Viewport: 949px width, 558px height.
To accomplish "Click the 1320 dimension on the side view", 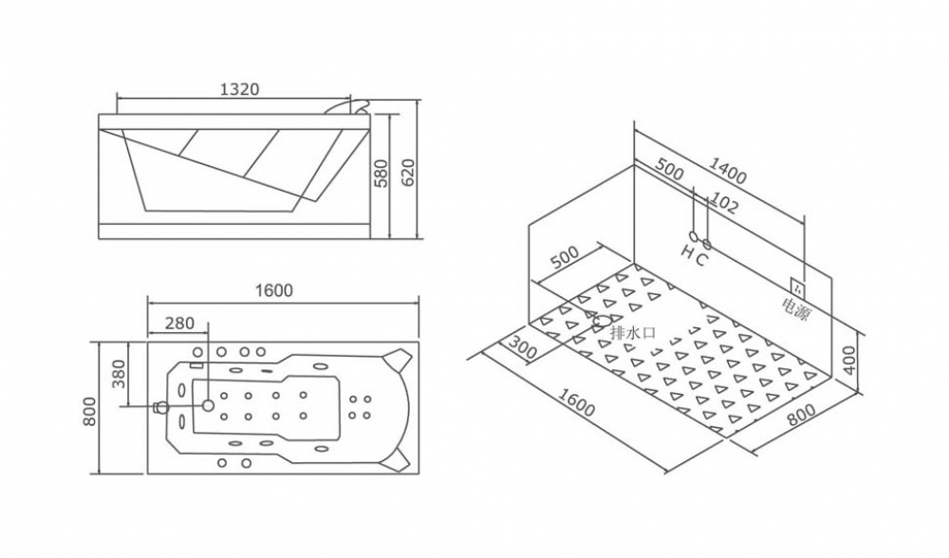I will pos(239,89).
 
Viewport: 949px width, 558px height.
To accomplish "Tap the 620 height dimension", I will pos(410,174).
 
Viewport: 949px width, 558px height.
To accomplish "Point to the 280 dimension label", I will pos(178,324).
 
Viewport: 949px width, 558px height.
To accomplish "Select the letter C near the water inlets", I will pos(701,258).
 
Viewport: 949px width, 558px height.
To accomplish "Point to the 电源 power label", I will pos(796,308).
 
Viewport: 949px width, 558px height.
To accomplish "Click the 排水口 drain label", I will pos(633,333).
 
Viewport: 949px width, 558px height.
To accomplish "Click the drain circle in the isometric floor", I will pos(602,321).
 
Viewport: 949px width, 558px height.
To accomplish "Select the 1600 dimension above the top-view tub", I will pos(274,290).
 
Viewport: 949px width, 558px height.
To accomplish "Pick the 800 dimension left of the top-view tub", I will pos(89,408).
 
